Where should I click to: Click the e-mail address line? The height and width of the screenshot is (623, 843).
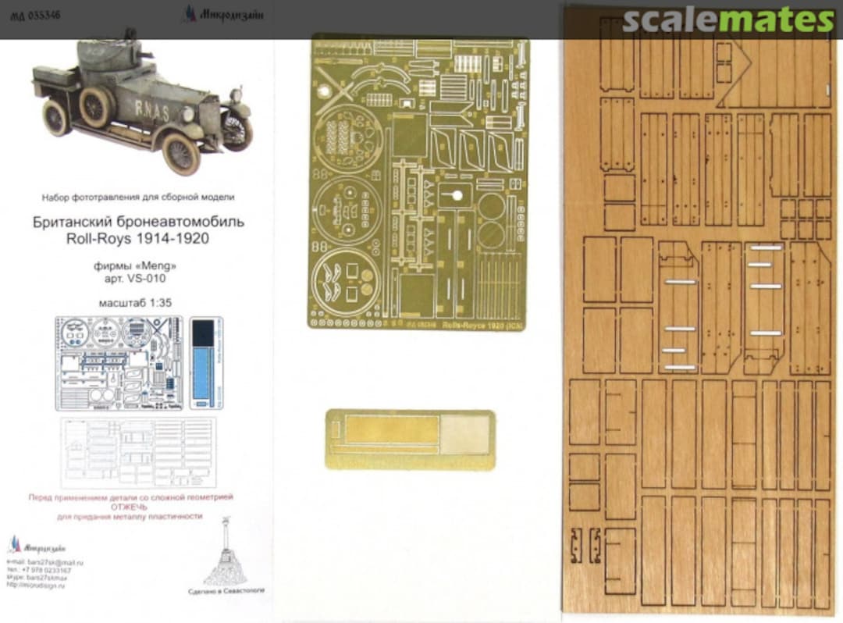click(45, 562)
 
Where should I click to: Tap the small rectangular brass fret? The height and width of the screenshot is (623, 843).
click(410, 440)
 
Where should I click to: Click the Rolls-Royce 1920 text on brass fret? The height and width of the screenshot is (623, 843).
click(473, 322)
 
